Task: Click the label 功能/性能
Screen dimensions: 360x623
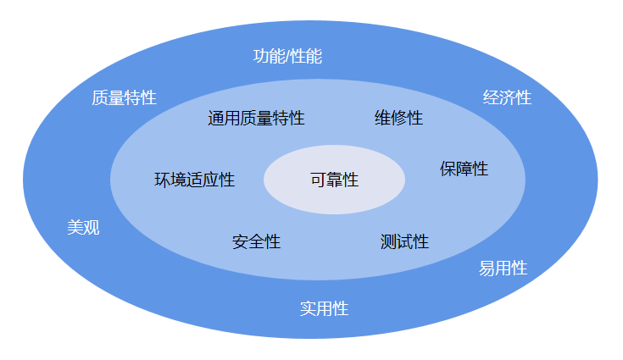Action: coord(287,57)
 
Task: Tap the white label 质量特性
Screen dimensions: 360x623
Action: coord(124,97)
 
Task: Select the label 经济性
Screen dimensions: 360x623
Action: coord(507,97)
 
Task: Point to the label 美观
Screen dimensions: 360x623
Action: coord(83,227)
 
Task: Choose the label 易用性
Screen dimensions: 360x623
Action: coord(503,269)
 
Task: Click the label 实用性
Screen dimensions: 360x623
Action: coord(324,308)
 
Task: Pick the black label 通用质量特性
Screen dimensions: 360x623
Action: coord(256,118)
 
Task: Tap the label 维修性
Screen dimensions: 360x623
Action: coord(398,118)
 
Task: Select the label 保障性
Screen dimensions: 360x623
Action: coord(464,169)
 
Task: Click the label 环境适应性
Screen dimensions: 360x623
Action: coord(194,180)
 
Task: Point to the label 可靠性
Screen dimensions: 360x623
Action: coord(334,180)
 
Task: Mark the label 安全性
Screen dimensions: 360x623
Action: coord(256,242)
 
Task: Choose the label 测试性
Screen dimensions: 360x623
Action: coord(404,242)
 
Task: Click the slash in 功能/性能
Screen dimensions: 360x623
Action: coord(287,57)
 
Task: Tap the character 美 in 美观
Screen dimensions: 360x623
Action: coord(75,227)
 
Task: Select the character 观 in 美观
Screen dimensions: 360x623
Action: coord(92,227)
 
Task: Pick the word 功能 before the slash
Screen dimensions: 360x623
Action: coord(269,57)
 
